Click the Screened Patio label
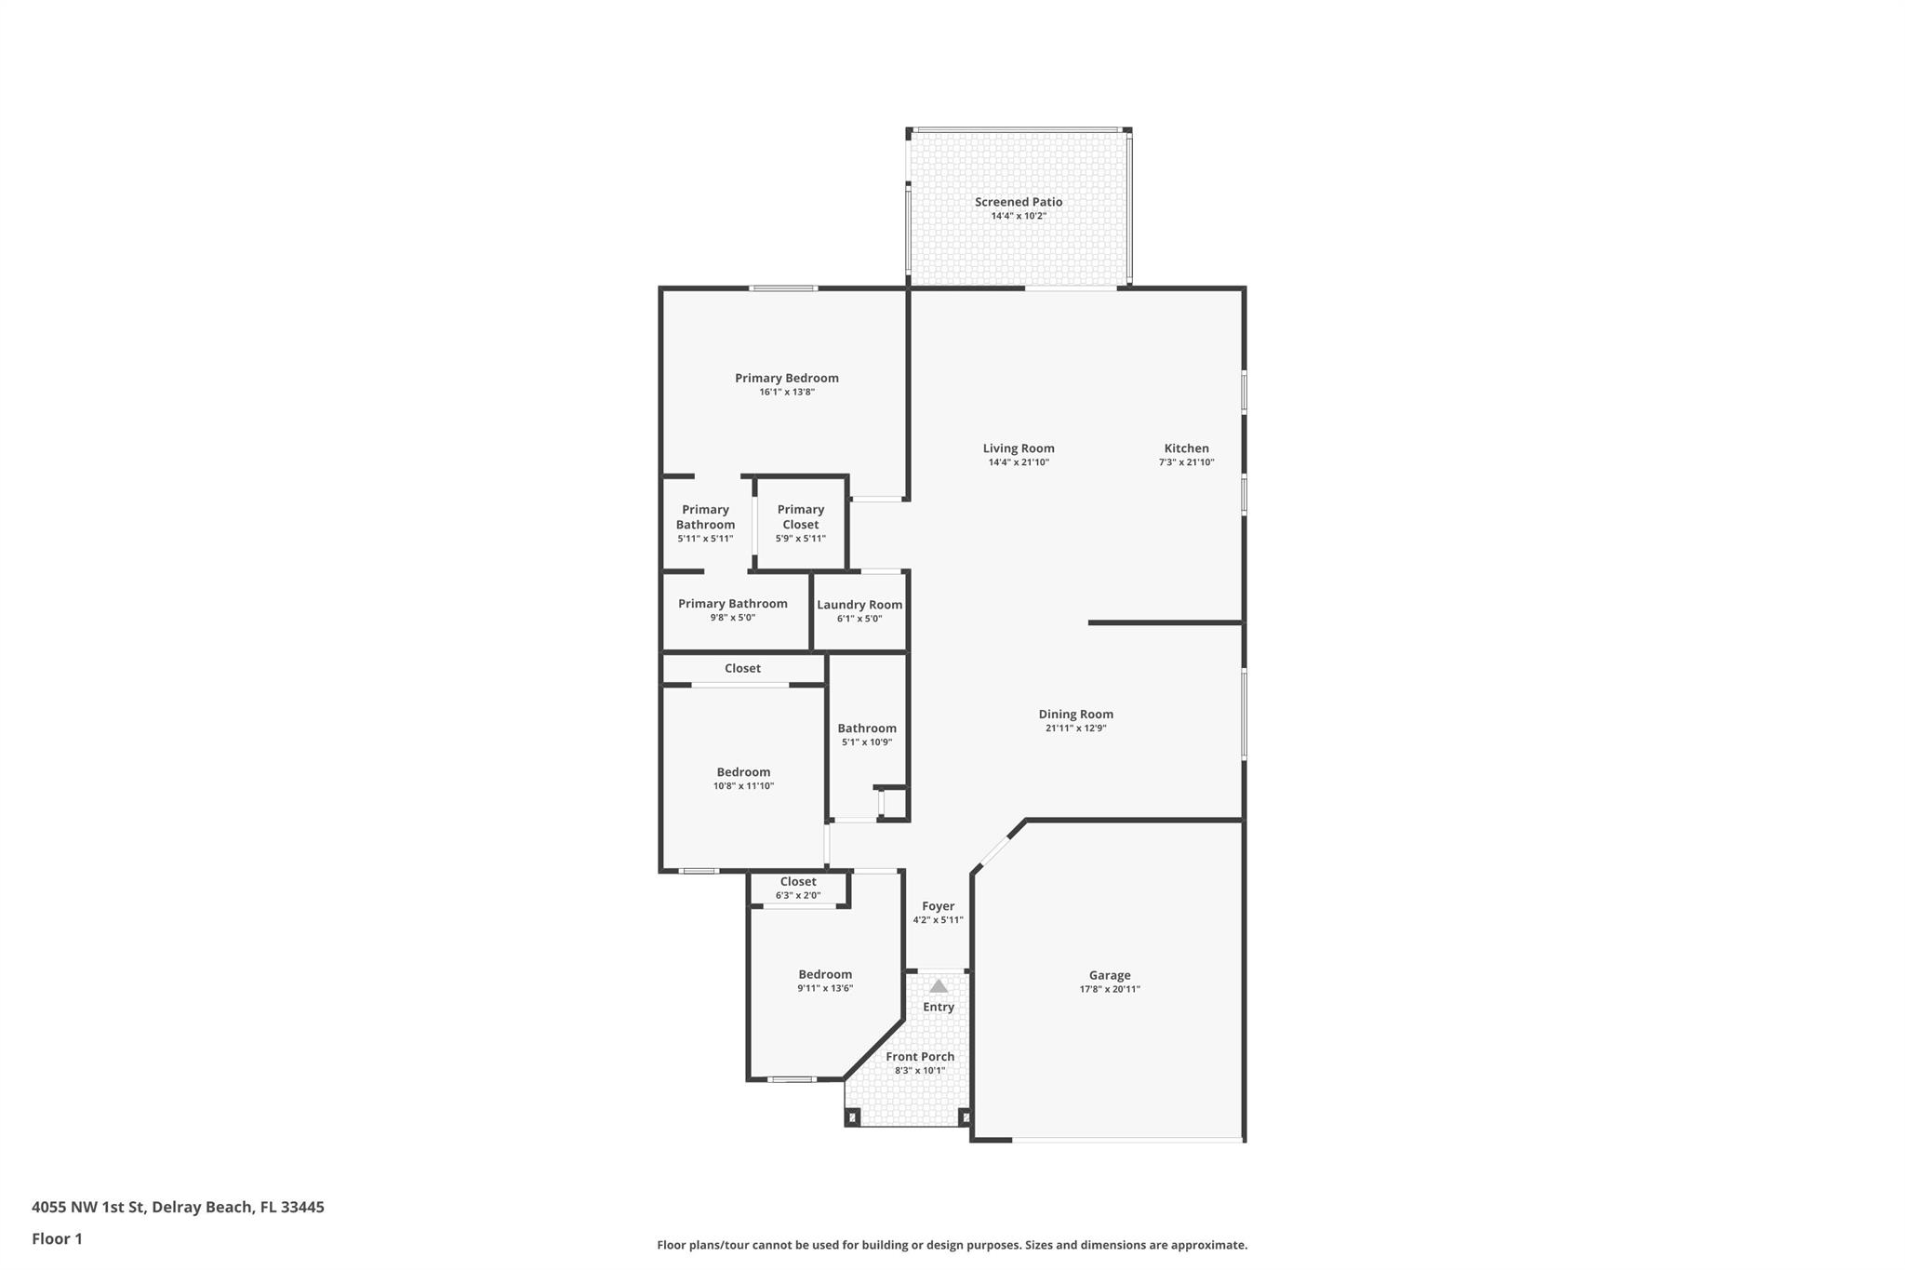1019,202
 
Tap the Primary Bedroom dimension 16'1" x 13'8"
787,393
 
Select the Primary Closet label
800,516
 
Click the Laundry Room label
859,605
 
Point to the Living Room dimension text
1019,462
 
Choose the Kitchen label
1186,448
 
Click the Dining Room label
1075,715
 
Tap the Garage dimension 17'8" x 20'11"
1109,990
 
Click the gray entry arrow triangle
939,986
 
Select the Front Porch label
920,1057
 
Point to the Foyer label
938,906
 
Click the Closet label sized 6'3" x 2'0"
798,882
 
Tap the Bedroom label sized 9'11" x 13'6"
825,975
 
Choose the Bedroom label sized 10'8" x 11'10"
743,772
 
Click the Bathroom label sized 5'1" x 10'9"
867,729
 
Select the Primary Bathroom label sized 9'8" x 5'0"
732,604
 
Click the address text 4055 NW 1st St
89,1208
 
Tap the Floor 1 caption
57,1239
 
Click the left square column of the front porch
852,1116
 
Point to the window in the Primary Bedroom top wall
784,288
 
